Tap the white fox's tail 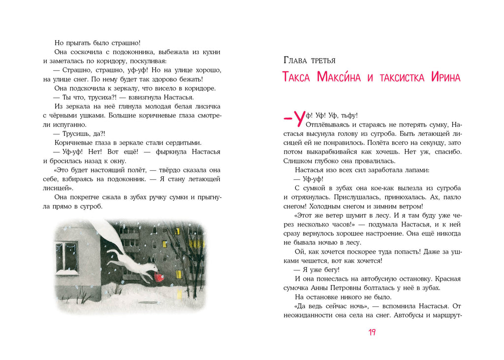click(107, 236)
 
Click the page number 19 click(372, 332)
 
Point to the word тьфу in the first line click(348, 116)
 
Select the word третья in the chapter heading click(324, 61)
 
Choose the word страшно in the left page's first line click(124, 43)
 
